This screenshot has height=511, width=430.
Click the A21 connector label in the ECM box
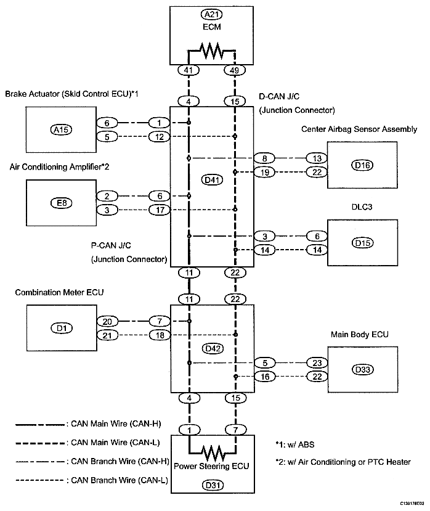[x=212, y=15]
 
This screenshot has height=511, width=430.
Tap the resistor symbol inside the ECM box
[x=212, y=51]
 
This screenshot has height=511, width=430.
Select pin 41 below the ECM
[x=189, y=70]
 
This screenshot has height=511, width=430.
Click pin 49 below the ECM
[x=235, y=70]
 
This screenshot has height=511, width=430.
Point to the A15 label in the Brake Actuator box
[x=61, y=129]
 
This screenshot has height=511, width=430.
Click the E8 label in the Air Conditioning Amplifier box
[x=61, y=203]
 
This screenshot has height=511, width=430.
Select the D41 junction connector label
[x=212, y=179]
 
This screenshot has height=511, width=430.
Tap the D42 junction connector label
[x=213, y=349]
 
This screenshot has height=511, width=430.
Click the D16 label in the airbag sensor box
[x=362, y=165]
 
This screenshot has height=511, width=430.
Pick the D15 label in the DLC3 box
[x=363, y=243]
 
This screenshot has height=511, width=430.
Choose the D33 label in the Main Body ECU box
[x=363, y=370]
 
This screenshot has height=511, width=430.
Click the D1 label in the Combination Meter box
[x=62, y=328]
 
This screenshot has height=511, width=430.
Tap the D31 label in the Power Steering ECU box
[x=213, y=485]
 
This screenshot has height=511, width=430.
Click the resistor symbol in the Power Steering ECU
[x=213, y=452]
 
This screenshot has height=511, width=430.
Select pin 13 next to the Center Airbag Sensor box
[x=317, y=158]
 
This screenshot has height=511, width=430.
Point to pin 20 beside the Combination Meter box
[x=107, y=322]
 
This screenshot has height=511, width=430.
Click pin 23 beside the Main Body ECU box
[x=317, y=362]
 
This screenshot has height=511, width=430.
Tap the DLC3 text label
[x=362, y=207]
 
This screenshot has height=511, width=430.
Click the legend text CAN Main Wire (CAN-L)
[x=116, y=443]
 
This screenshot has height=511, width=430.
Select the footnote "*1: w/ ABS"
[x=295, y=445]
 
